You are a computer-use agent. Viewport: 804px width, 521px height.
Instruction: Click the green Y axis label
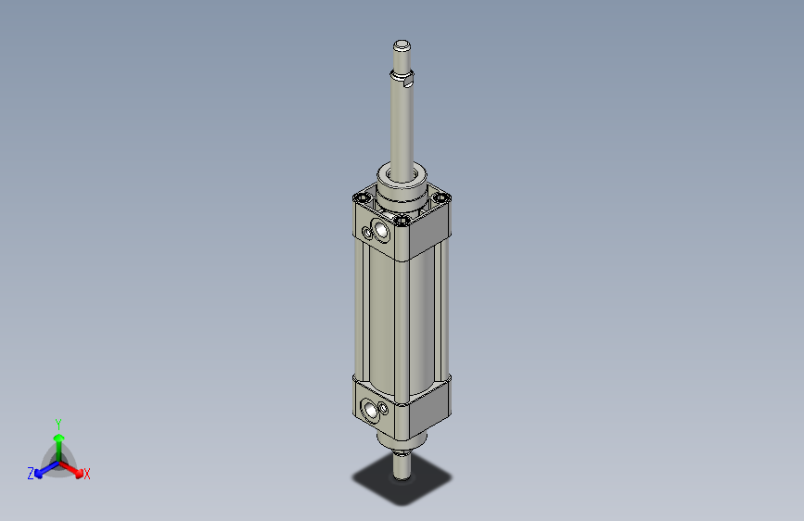[58, 422]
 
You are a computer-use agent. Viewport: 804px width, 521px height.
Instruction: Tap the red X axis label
[87, 474]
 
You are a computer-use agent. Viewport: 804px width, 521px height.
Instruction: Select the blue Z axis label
[31, 473]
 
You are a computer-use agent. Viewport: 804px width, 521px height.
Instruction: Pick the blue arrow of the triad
[43, 469]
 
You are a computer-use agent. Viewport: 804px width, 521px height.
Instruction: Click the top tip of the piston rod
[402, 44]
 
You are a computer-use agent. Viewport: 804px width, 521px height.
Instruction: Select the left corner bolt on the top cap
[361, 197]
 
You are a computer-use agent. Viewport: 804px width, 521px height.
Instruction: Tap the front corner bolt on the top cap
[402, 221]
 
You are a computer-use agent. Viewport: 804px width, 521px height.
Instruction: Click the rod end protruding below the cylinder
[402, 464]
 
